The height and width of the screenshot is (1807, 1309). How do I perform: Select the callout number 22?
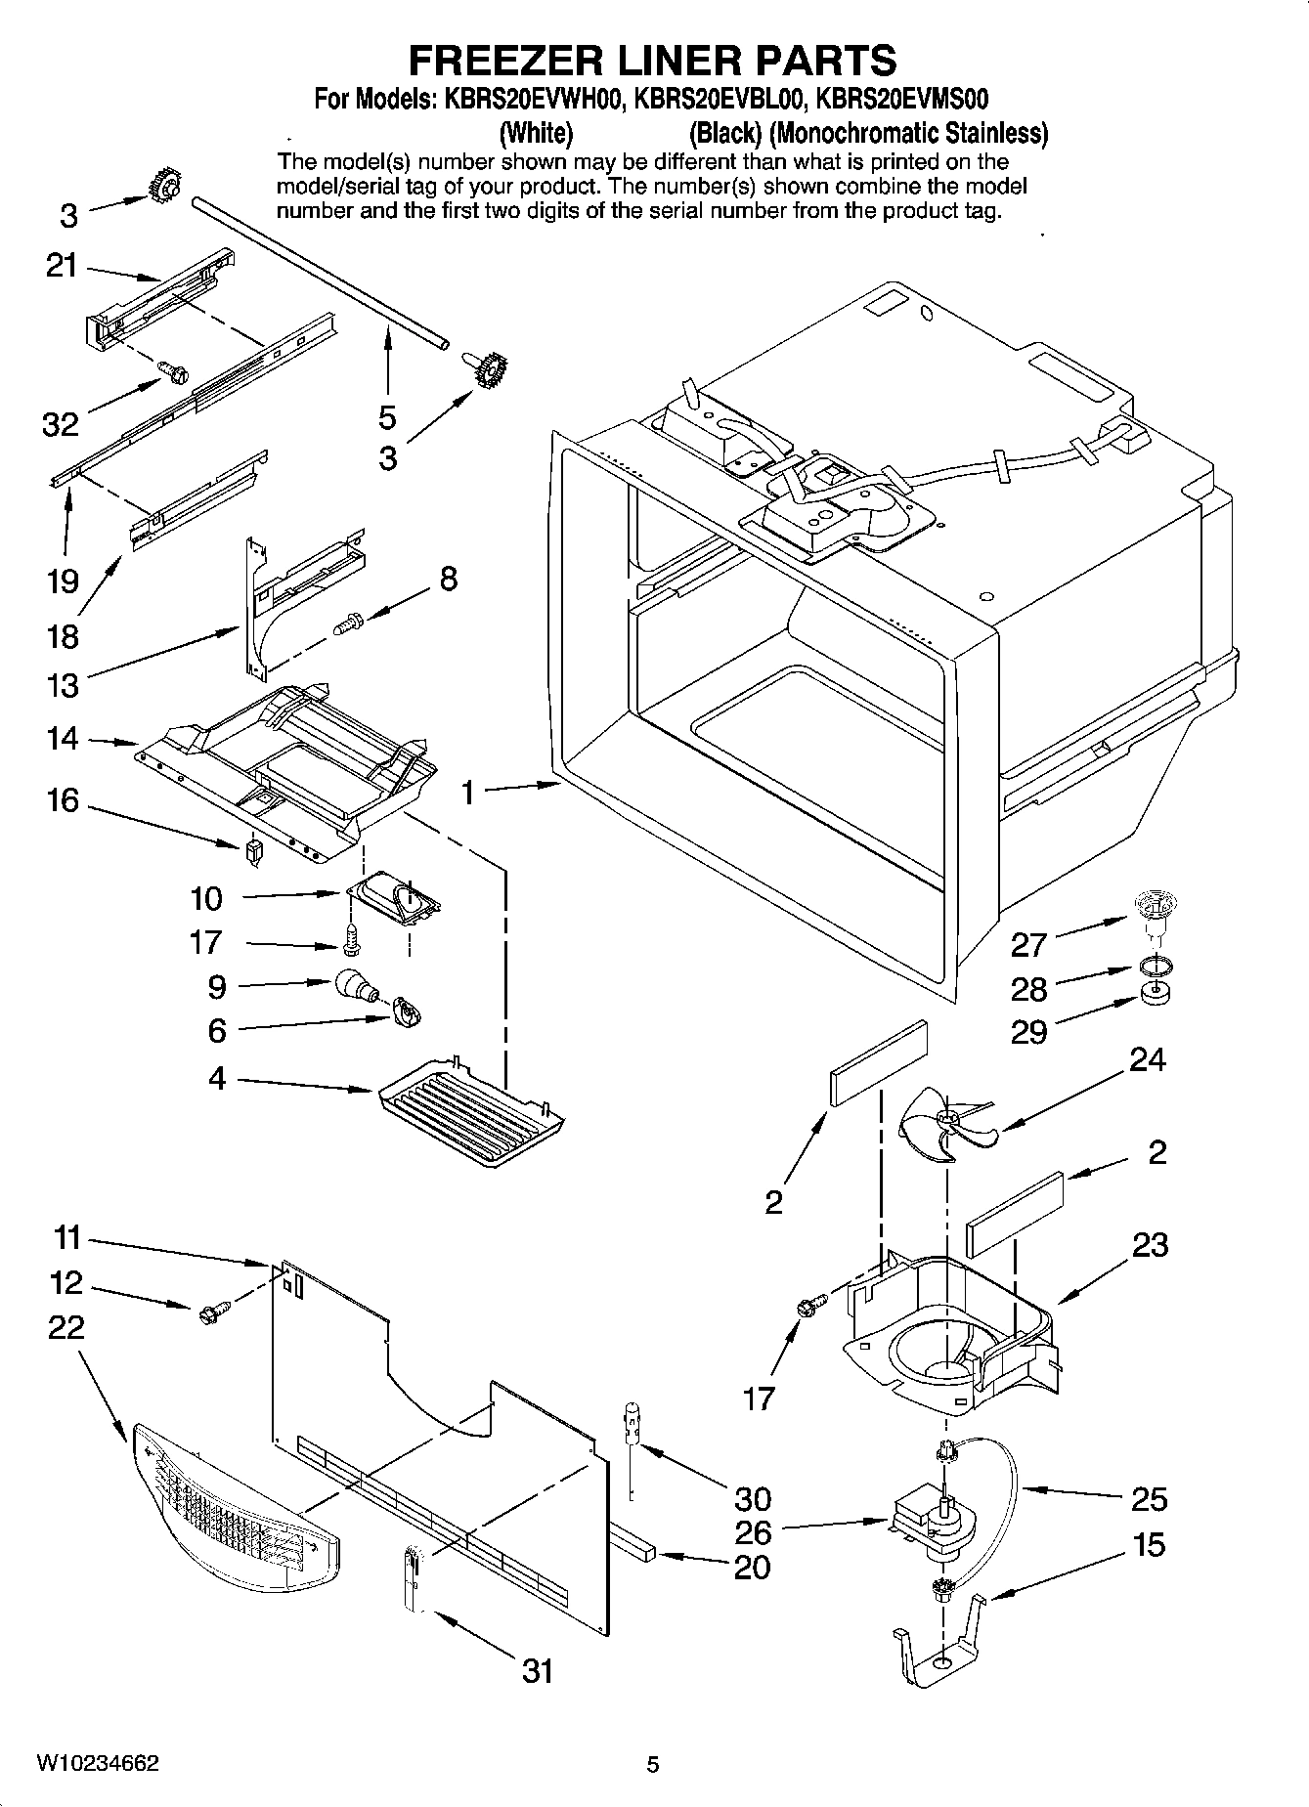click(x=66, y=1326)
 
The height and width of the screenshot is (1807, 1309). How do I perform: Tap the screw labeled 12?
click(x=212, y=1312)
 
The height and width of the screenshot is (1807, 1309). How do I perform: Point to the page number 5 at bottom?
click(x=653, y=1765)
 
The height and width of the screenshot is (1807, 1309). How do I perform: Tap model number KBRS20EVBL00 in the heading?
click(x=713, y=99)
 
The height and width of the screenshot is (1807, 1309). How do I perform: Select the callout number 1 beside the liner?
click(x=469, y=792)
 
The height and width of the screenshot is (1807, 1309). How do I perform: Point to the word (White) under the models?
click(x=536, y=132)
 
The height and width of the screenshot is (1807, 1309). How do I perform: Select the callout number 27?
click(x=1028, y=944)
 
